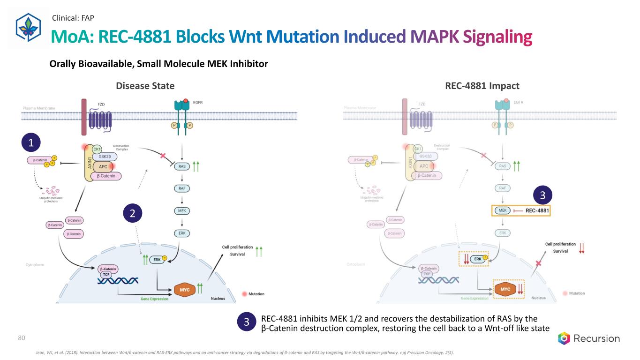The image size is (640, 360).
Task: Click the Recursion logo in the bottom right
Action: pos(588,338)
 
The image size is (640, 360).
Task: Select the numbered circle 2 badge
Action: pos(133,214)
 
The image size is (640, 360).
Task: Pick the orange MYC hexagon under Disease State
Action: pos(185,290)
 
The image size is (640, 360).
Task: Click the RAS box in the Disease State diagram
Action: pos(181,166)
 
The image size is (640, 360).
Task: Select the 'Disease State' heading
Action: pos(145,86)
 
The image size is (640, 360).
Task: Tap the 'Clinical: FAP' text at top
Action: pos(74,18)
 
